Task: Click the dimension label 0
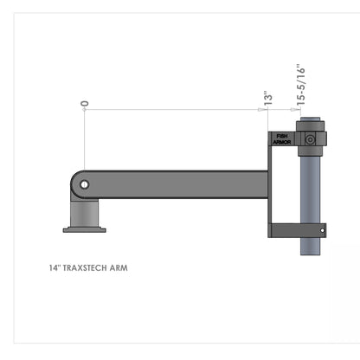coord(84,103)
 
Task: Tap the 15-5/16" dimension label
coord(300,84)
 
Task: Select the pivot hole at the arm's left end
coord(83,183)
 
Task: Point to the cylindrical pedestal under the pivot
coord(84,213)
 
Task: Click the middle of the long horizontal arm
coord(177,183)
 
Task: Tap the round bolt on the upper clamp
coord(311,138)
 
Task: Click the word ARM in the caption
coord(119,268)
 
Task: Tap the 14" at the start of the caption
coord(55,268)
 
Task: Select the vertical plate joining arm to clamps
coord(272,186)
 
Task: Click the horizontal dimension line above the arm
coord(173,110)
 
